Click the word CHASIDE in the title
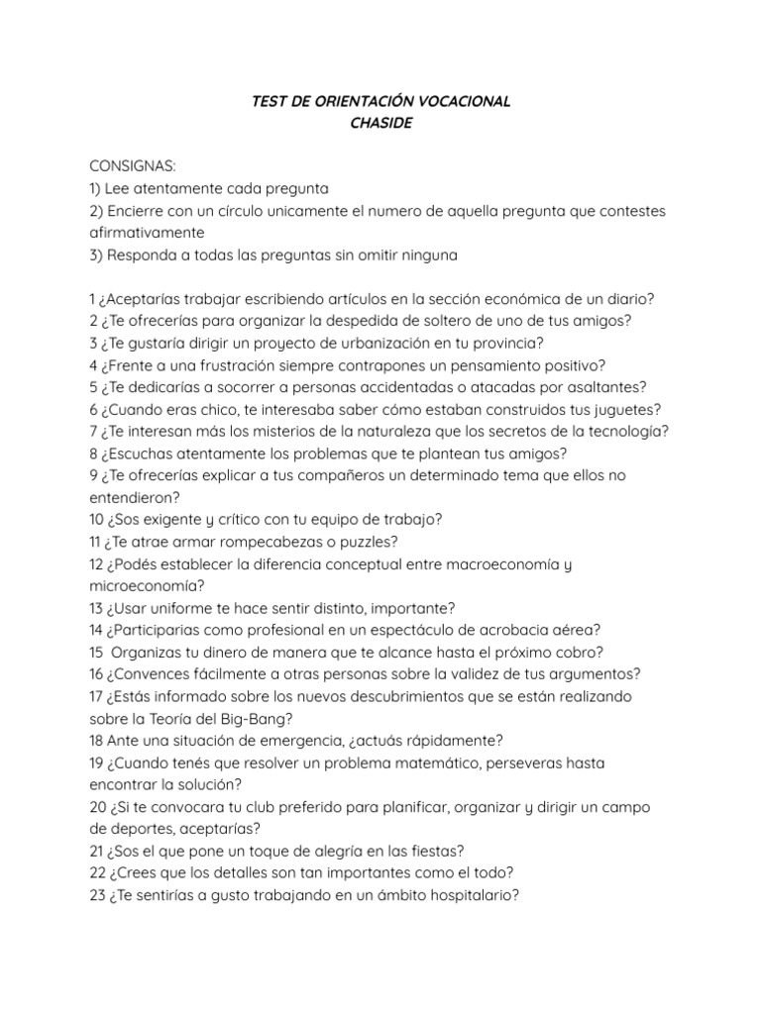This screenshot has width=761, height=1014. (x=380, y=124)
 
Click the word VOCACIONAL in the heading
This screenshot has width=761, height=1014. (x=459, y=102)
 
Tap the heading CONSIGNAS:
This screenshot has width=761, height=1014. (x=133, y=166)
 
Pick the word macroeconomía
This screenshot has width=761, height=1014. (x=505, y=564)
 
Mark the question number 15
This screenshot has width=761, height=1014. (x=97, y=653)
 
